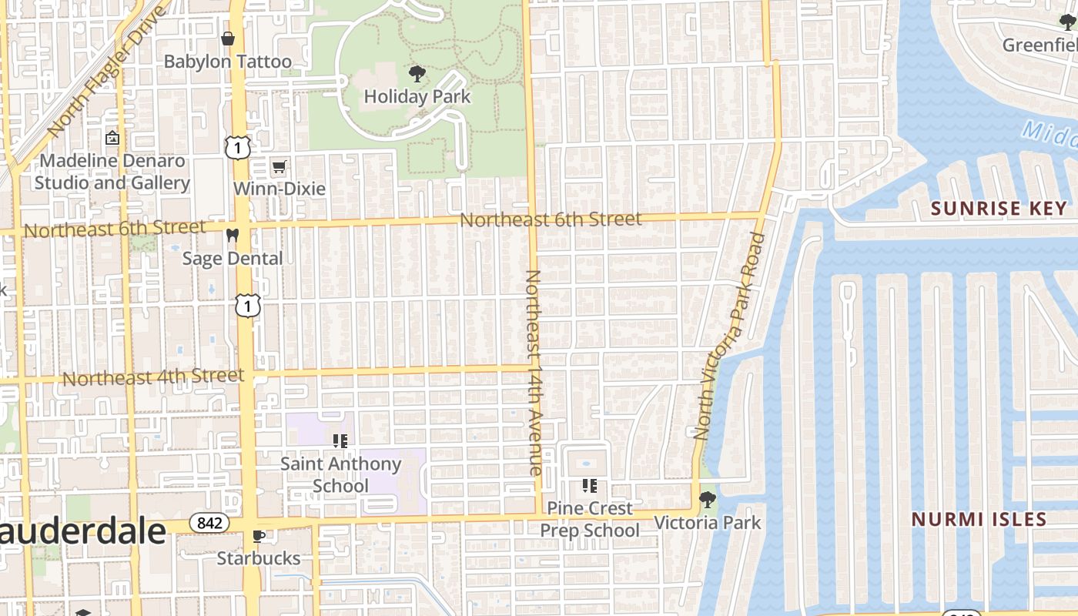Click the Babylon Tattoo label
click(x=228, y=62)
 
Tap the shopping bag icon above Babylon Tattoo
click(x=228, y=38)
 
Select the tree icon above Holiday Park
click(x=417, y=74)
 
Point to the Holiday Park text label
click(x=417, y=97)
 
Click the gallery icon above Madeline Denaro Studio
click(x=112, y=138)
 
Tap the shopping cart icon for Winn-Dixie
click(x=279, y=166)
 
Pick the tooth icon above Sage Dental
click(x=233, y=235)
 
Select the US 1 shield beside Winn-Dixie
click(x=237, y=146)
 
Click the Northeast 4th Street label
click(x=153, y=377)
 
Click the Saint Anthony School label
click(x=340, y=474)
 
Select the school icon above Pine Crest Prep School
click(x=590, y=485)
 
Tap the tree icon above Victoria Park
click(x=707, y=500)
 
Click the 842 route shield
click(x=209, y=523)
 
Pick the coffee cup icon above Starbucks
click(x=259, y=535)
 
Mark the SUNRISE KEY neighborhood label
click(x=999, y=208)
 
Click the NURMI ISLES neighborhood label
click(x=979, y=519)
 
